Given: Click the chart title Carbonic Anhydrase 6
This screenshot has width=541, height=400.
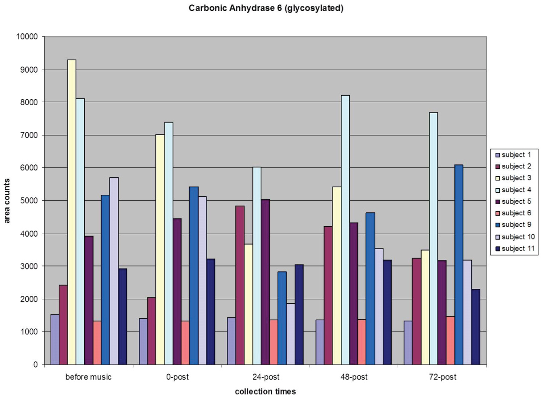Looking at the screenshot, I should click(x=266, y=8).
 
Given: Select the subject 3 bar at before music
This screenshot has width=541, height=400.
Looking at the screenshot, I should click(x=72, y=212).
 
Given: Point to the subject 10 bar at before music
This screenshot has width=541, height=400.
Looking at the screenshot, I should click(x=114, y=271).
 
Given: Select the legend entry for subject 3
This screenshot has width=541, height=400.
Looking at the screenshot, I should click(x=515, y=178).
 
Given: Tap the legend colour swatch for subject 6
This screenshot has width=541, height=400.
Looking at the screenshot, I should click(x=496, y=213).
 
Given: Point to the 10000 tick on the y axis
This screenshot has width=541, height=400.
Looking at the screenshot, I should click(x=28, y=37).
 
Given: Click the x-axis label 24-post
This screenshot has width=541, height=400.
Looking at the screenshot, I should click(x=266, y=377).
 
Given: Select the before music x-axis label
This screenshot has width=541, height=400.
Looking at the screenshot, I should click(x=89, y=377).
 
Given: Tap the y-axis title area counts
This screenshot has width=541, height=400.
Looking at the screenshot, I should click(x=8, y=200).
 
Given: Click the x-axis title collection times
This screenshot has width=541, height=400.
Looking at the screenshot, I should click(x=265, y=392).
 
